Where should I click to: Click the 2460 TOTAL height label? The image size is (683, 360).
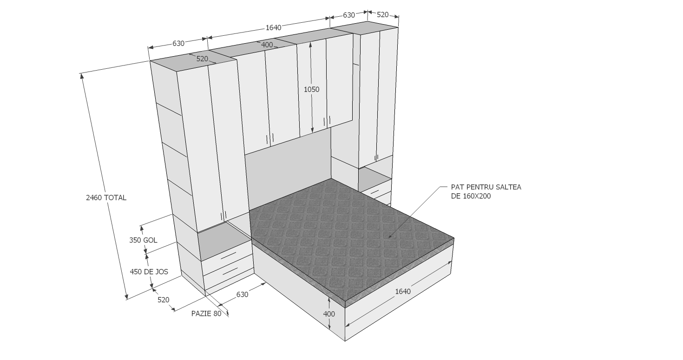[106, 197]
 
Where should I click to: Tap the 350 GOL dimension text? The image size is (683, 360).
[143, 240]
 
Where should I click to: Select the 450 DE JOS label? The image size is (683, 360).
[149, 272]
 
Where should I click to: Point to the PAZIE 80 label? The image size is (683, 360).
[206, 314]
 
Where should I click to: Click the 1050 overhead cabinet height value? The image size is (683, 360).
[312, 89]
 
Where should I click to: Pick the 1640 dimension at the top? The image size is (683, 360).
[274, 28]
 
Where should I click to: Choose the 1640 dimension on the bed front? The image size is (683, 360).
[403, 291]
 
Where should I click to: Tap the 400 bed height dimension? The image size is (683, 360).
[329, 314]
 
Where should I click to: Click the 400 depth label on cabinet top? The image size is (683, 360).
[267, 45]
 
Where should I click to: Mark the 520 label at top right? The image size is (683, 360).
[383, 14]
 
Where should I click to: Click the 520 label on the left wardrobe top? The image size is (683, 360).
[202, 59]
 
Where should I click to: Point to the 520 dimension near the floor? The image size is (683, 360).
[164, 300]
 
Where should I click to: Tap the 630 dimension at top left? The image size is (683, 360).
[178, 44]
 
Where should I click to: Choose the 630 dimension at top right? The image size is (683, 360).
[349, 15]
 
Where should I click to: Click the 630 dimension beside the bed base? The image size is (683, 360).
[242, 295]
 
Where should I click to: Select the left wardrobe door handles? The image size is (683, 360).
[223, 216]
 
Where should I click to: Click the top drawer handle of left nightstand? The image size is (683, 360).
[229, 256]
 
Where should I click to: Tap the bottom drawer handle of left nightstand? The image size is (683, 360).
[230, 271]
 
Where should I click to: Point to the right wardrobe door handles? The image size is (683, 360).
[376, 158]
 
